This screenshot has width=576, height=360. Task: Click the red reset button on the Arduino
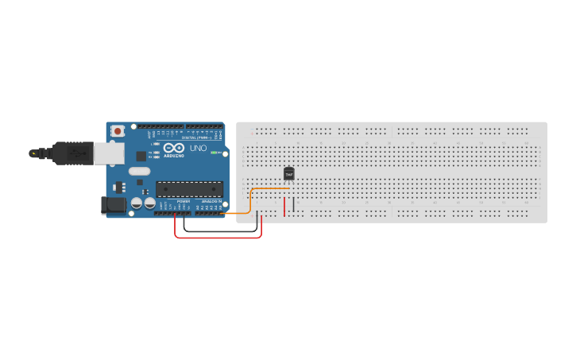pyautogui.click(x=118, y=130)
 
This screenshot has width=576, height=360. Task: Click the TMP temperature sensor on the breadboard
pyautogui.click(x=288, y=173)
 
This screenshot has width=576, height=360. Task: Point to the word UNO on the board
pyautogui.click(x=198, y=149)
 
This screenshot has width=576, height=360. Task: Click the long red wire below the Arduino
pyautogui.click(x=218, y=237)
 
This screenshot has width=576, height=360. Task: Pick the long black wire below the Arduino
pyautogui.click(x=222, y=231)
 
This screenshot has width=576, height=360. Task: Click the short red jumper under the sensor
pyautogui.click(x=284, y=206)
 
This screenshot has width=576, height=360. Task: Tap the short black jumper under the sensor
pyautogui.click(x=293, y=204)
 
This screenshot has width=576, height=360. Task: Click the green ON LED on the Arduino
pyautogui.click(x=214, y=152)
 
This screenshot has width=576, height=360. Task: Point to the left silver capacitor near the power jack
pyautogui.click(x=137, y=203)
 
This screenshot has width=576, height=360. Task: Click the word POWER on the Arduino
pyautogui.click(x=183, y=203)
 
